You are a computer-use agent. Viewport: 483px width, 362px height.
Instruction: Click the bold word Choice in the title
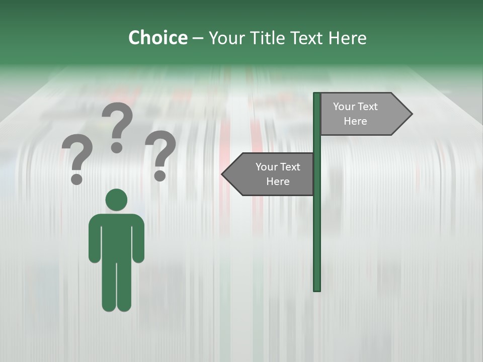157,38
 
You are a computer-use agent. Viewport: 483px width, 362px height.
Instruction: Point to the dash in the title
198,38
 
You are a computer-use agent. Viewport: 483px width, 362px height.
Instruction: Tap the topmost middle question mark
117,126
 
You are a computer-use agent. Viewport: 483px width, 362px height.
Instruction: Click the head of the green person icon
116,200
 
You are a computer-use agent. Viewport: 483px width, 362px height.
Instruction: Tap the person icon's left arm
94,241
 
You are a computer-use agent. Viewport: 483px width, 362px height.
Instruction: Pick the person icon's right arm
138,241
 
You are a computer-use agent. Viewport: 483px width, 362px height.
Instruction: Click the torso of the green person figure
116,236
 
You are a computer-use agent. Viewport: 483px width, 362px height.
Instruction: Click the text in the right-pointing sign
355,114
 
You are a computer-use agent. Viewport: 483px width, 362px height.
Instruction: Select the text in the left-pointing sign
277,174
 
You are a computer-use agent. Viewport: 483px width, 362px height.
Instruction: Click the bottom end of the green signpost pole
317,289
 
